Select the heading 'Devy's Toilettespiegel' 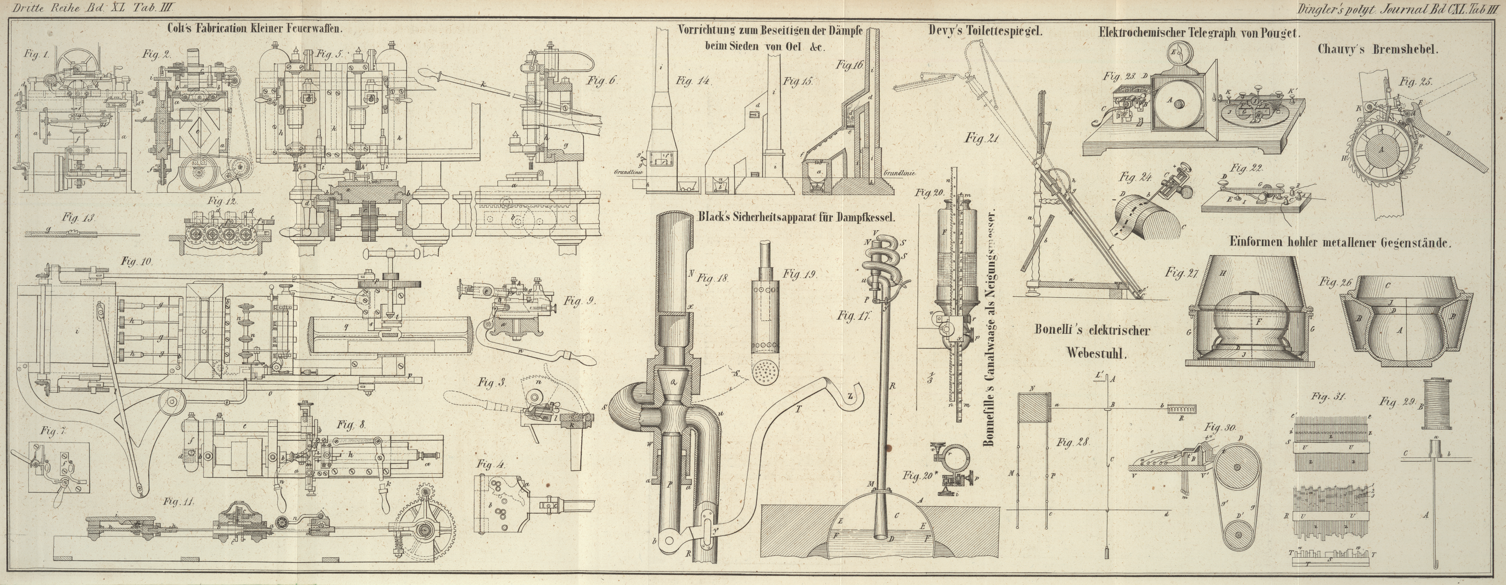985,32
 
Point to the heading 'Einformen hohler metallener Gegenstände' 1338,243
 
